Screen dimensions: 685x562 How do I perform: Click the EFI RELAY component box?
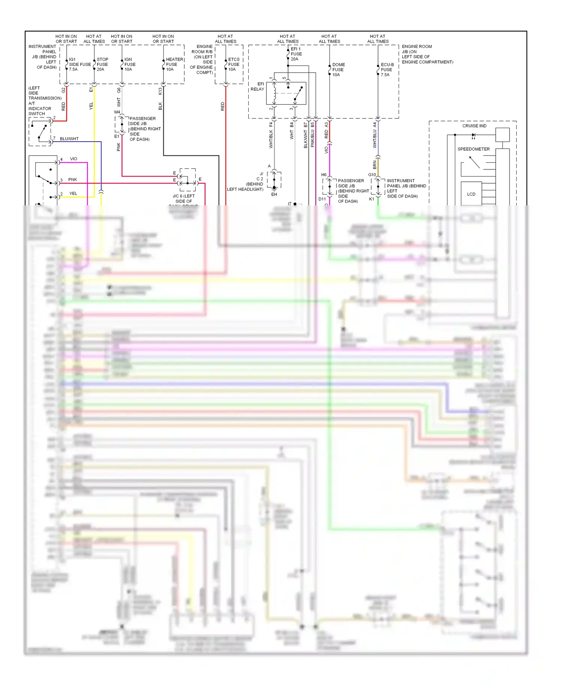click(286, 93)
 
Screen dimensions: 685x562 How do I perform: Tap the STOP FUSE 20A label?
click(102, 64)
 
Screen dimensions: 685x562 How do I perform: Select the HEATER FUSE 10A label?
click(174, 64)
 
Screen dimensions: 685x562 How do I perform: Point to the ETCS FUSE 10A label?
click(234, 64)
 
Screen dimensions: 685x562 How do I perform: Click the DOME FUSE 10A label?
click(338, 70)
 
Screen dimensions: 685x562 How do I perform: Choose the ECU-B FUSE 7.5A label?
click(387, 70)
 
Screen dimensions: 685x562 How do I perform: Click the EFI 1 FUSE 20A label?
click(296, 54)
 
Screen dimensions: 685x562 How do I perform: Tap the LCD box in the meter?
click(471, 194)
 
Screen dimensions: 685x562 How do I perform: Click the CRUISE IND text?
click(474, 126)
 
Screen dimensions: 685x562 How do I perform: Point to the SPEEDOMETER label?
click(473, 149)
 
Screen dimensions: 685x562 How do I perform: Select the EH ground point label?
click(274, 194)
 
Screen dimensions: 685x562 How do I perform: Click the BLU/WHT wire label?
click(69, 139)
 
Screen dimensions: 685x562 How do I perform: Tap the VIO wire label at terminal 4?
click(73, 159)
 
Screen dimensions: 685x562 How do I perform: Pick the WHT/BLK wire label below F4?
click(271, 140)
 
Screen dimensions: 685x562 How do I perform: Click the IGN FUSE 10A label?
click(130, 64)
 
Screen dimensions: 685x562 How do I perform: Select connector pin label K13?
click(160, 91)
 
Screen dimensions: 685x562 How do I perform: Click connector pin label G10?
click(372, 175)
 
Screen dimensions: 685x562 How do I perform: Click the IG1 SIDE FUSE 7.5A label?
click(79, 64)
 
